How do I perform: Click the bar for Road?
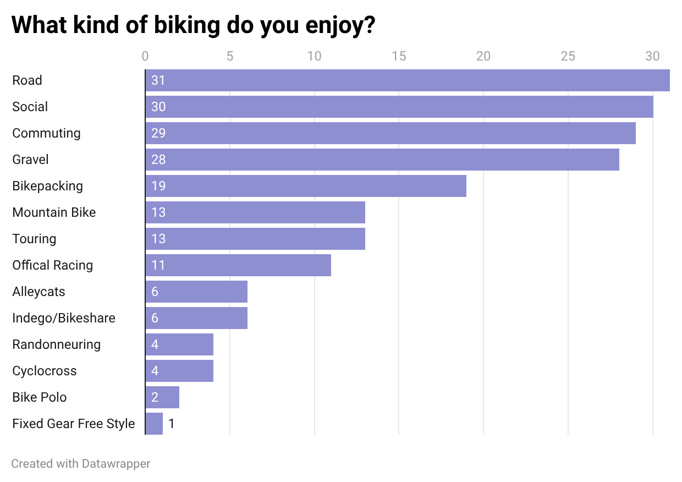tap(408, 80)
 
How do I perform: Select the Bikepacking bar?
tap(306, 186)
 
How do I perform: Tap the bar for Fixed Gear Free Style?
tap(154, 424)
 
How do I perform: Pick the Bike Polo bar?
tap(162, 397)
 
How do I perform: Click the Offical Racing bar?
tap(238, 265)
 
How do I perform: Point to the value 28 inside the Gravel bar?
tap(158, 160)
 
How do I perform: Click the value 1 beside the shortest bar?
tap(172, 424)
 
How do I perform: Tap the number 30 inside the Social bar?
tap(158, 107)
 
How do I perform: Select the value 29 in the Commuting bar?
tap(158, 133)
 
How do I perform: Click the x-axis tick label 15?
tap(399, 56)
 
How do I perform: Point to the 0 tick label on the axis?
tap(145, 56)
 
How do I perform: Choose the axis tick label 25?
tap(568, 56)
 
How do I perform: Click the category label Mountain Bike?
tap(54, 212)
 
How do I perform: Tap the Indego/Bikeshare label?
tap(64, 318)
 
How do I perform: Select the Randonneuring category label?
tap(56, 344)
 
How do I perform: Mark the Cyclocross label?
tap(45, 371)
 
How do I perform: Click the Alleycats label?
tap(38, 292)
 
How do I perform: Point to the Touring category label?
tap(34, 239)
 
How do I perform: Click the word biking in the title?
tap(187, 25)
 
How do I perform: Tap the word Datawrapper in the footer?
tap(116, 464)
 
